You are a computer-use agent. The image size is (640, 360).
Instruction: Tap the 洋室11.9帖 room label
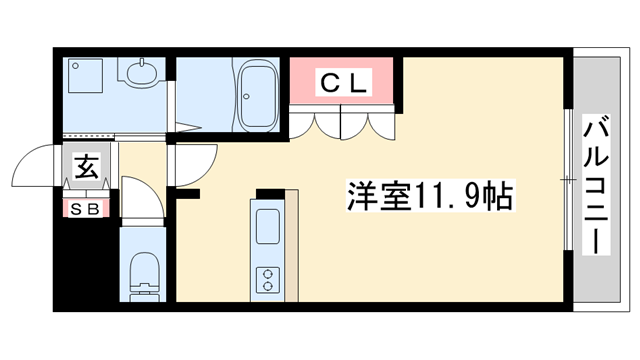tap(430, 193)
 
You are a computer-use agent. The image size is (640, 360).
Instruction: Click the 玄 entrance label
tap(85, 165)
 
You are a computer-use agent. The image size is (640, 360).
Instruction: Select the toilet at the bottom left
tap(145, 274)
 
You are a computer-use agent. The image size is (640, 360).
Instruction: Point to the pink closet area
tap(344, 80)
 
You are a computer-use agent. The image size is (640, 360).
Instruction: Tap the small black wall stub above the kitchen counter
tap(270, 192)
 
